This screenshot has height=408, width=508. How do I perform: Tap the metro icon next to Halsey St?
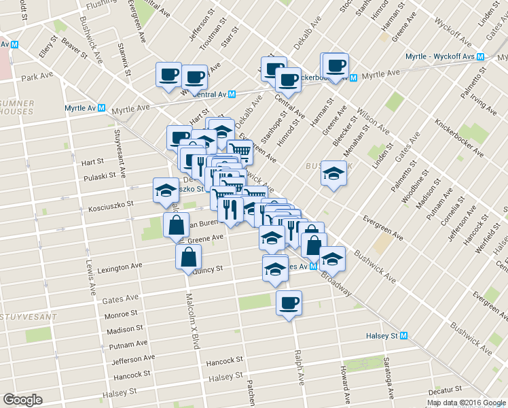(x=404, y=335)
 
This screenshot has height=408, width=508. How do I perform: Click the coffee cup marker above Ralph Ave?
(x=289, y=302)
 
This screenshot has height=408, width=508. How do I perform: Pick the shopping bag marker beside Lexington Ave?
(x=188, y=257)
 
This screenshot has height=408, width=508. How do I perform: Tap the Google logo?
(x=22, y=399)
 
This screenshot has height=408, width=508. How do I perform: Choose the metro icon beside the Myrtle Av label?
(x=101, y=108)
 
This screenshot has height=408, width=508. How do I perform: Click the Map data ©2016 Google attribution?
(x=467, y=403)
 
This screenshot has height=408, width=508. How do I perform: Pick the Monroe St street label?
(x=121, y=315)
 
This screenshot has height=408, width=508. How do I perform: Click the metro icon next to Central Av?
(x=232, y=95)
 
